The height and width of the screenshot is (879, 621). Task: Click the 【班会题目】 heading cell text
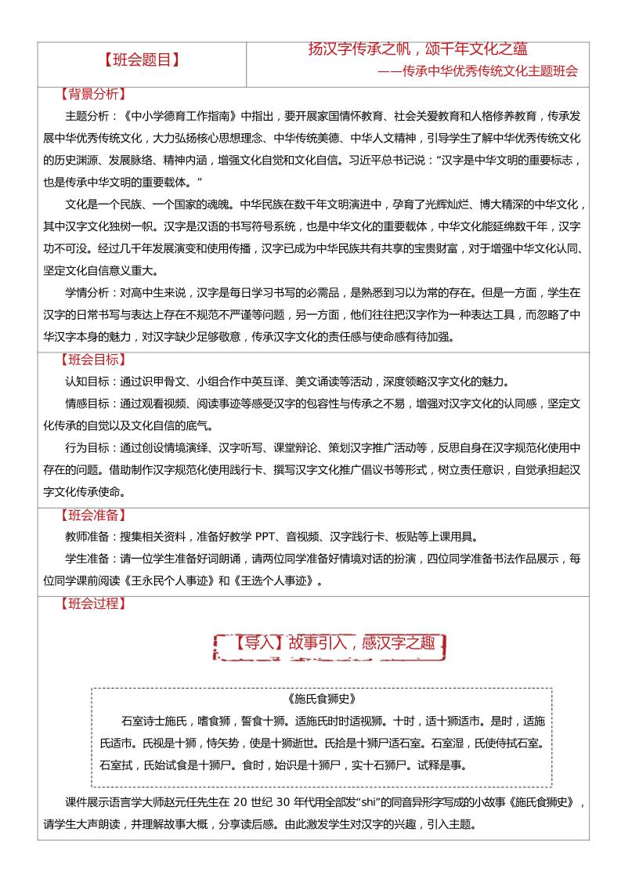tap(142, 60)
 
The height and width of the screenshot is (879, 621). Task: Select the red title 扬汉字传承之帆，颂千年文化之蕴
tap(423, 49)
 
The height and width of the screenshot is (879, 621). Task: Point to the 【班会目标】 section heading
tap(92, 360)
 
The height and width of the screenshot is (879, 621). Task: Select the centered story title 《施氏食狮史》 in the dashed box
tap(322, 698)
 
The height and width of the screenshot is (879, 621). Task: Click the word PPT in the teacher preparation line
tap(267, 537)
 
